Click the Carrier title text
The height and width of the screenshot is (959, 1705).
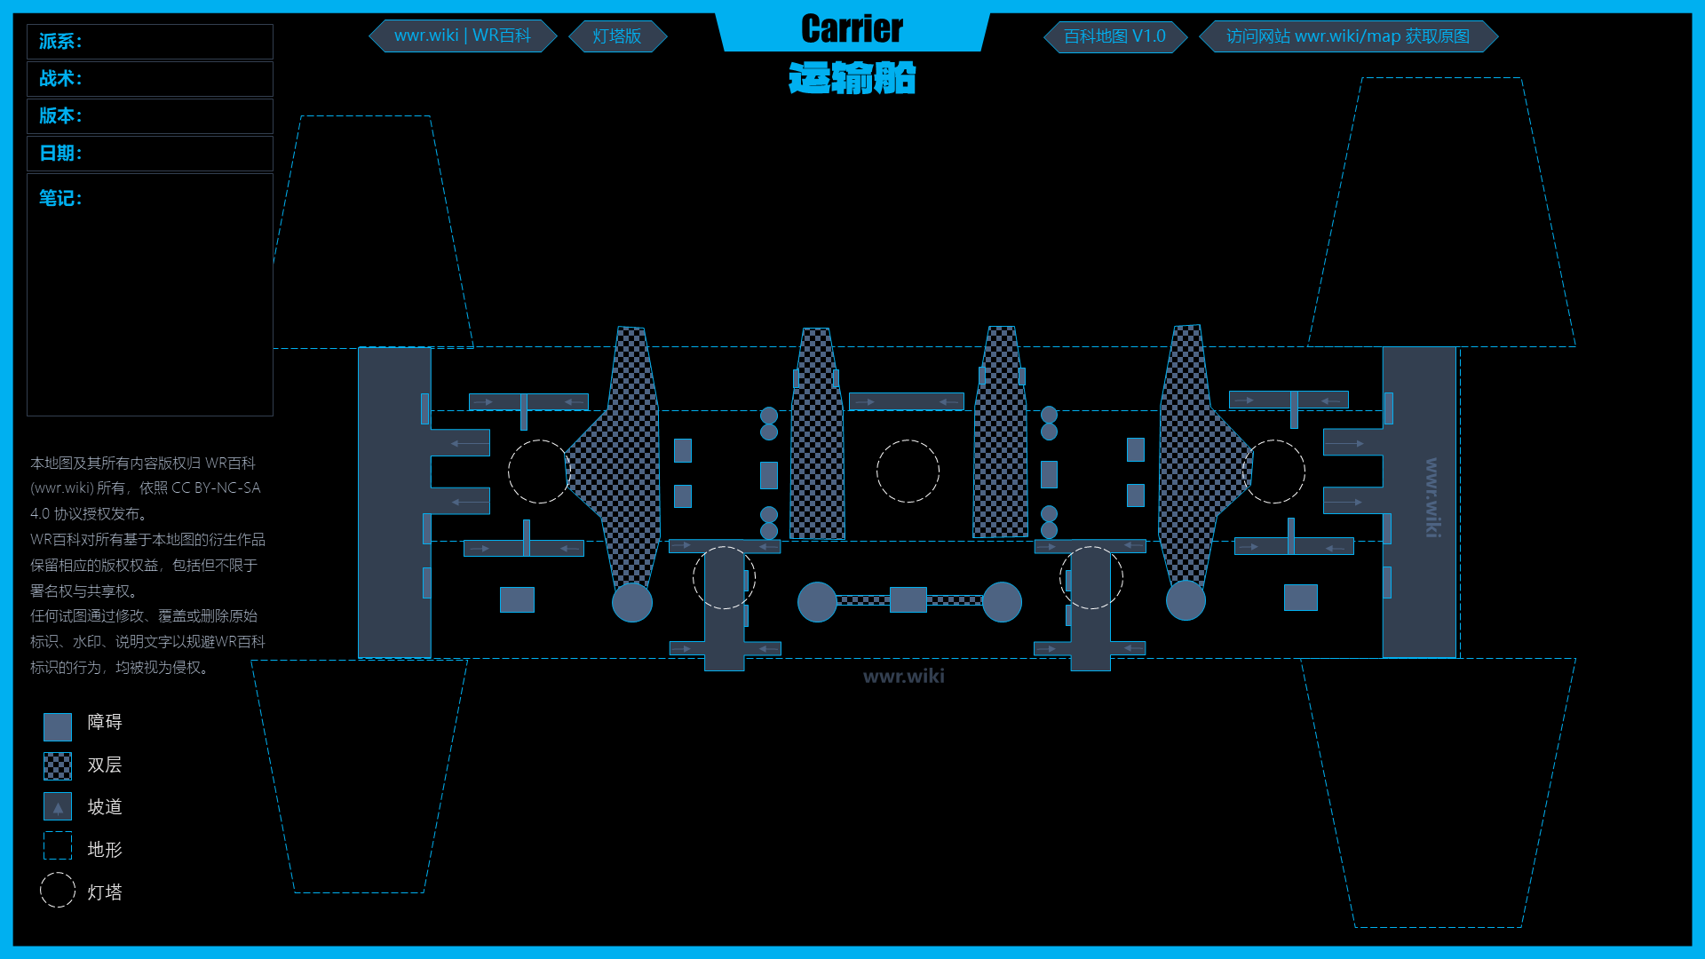coord(852,29)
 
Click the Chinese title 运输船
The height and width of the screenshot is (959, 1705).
coord(852,78)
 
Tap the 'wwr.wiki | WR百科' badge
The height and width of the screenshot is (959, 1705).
coord(463,36)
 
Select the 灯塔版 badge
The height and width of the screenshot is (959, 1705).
coord(617,36)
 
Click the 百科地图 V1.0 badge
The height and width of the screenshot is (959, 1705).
coord(1114,36)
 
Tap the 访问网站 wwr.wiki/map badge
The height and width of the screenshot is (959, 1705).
coord(1347,36)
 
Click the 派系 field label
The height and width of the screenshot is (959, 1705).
coord(60,42)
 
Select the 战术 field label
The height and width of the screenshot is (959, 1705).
coord(60,79)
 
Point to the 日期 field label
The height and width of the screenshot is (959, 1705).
coord(60,154)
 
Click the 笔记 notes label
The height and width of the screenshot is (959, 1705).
coord(60,198)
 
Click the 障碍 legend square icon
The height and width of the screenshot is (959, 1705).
coord(58,726)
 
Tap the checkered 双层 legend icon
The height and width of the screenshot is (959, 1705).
coord(58,765)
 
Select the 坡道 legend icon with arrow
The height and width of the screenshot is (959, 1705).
coord(58,806)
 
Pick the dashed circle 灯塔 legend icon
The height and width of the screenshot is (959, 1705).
coord(58,890)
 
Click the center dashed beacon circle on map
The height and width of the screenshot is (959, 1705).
coord(908,472)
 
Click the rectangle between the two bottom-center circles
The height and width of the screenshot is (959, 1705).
coord(908,600)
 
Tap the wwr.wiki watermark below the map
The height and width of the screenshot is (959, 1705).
coord(903,677)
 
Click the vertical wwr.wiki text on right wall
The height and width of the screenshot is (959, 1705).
coord(1431,497)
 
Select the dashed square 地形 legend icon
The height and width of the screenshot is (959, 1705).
coord(58,846)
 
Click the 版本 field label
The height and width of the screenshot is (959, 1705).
coord(60,116)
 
